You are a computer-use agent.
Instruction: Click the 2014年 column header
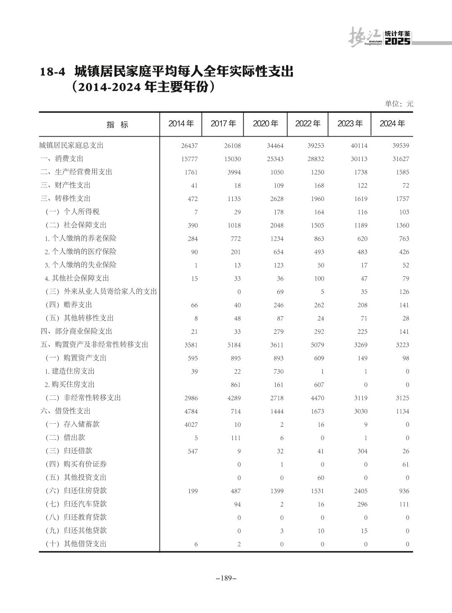point(181,124)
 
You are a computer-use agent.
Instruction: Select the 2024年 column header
point(392,124)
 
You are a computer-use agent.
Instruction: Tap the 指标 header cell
point(117,125)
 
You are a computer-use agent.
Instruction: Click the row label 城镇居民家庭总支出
point(71,145)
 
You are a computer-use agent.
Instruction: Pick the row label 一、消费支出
point(62,159)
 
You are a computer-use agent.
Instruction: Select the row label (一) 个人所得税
point(72,212)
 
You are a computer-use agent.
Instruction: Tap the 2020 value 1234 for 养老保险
point(277,239)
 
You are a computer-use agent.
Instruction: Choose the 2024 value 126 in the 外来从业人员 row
point(404,292)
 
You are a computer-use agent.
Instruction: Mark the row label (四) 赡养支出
point(69,305)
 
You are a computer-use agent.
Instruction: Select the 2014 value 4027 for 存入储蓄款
point(191,425)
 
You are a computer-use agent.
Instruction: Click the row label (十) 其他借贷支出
point(76,544)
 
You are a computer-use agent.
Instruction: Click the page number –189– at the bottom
point(226,578)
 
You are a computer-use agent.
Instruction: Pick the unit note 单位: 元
point(399,104)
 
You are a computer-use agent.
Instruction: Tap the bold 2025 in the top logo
point(397,42)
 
